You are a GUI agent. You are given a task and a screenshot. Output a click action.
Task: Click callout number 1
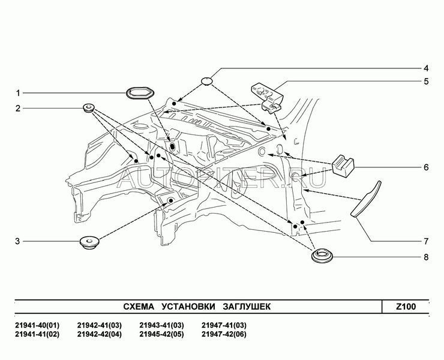pos(18,93)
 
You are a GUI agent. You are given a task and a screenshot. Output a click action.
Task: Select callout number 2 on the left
pos(18,109)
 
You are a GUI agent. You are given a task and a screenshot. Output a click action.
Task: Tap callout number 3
pos(18,241)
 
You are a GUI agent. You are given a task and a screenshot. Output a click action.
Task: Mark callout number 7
pos(425,241)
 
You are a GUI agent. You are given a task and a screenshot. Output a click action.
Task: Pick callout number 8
pos(425,258)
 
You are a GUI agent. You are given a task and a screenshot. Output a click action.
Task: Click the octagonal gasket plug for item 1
pos(140,93)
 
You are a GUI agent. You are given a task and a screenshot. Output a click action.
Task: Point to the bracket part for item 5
pos(266,95)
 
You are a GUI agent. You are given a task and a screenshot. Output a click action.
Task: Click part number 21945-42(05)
pos(161,334)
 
